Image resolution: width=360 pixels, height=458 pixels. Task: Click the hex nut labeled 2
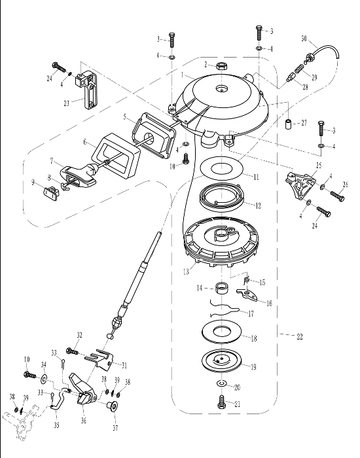point(221,66)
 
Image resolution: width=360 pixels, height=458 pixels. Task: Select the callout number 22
point(300,336)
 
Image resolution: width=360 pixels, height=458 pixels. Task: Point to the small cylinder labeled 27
point(289,124)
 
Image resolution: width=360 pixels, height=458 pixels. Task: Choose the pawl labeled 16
point(247,294)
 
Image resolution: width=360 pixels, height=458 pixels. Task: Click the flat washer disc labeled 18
point(221,332)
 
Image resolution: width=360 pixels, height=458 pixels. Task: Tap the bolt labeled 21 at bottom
point(222,402)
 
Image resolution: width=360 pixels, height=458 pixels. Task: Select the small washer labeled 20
point(222,383)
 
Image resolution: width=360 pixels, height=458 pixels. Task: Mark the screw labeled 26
point(338,196)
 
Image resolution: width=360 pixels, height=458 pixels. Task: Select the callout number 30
point(304,38)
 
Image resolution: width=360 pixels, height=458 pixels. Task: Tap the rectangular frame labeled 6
point(117,156)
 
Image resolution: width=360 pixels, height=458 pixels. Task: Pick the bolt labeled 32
point(72,351)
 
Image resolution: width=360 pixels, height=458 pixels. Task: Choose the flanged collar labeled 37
point(112,406)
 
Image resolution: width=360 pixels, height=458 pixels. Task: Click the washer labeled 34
point(44,379)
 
